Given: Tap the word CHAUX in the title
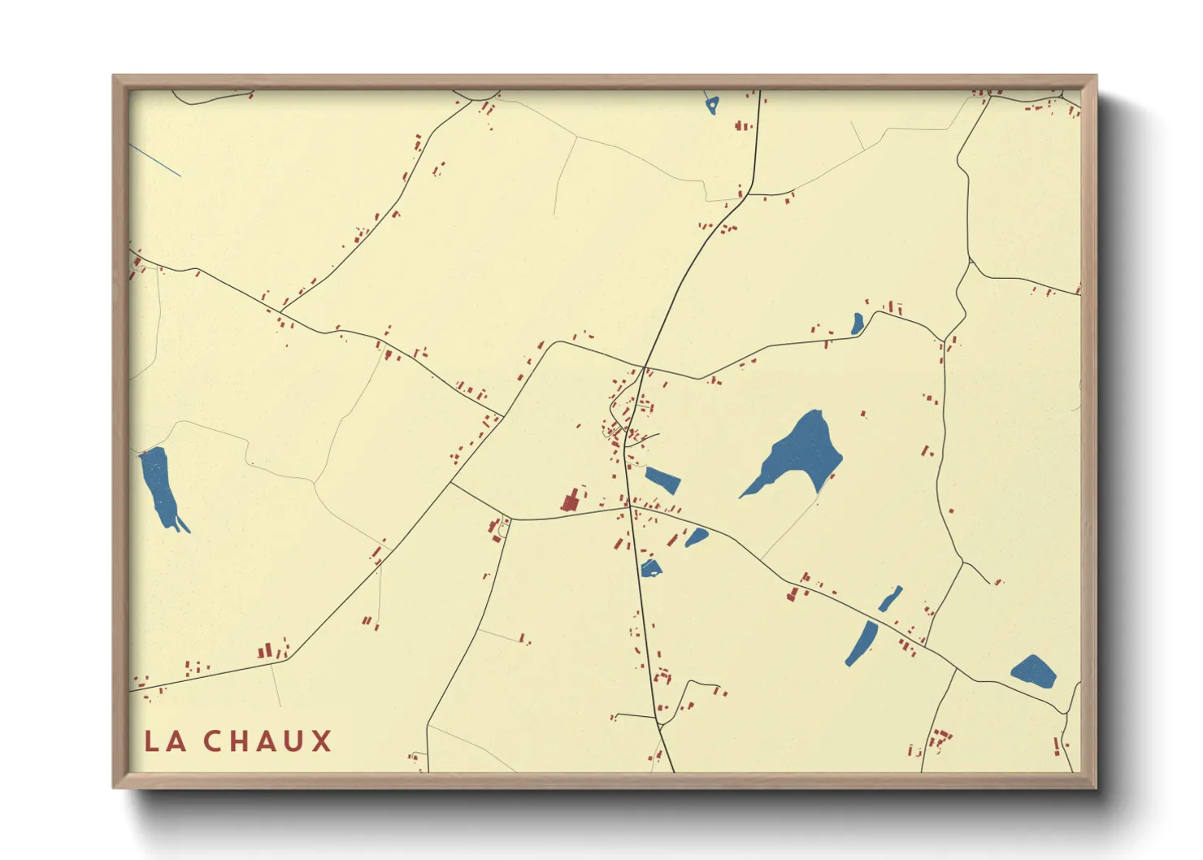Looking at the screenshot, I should click(267, 741).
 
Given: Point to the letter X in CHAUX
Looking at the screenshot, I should click(321, 741).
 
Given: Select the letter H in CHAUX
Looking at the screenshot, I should click(240, 741).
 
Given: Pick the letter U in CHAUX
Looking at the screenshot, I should click(294, 741).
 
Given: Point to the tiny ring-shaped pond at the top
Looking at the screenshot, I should click(712, 104).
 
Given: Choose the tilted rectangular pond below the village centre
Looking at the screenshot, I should click(662, 480).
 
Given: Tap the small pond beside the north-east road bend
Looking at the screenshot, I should click(857, 324).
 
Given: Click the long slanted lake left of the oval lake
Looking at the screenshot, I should click(862, 642).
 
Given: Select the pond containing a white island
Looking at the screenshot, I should click(650, 568).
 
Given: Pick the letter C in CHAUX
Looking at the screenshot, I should click(213, 741).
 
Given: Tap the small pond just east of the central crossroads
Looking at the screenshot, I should click(697, 536).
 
